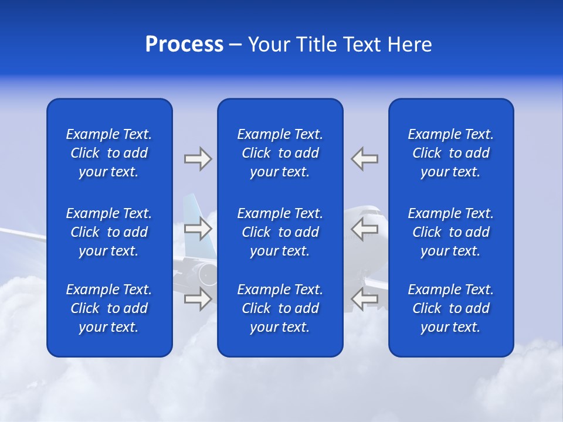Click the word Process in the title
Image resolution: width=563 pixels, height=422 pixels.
(x=184, y=45)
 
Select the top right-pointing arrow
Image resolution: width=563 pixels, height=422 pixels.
(x=198, y=159)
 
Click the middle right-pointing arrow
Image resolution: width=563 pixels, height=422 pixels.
(x=198, y=229)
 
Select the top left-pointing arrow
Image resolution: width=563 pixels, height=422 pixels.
(x=364, y=159)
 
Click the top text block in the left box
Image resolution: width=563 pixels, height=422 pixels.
(x=109, y=153)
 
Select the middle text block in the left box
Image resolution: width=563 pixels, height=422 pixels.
(x=109, y=232)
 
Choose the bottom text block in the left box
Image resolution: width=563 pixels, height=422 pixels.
(x=109, y=308)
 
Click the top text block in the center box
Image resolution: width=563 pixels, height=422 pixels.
(x=280, y=153)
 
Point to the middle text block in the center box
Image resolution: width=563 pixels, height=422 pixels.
(x=280, y=232)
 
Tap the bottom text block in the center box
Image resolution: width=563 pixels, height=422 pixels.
(x=280, y=308)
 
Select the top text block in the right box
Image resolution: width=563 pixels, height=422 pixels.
(x=450, y=153)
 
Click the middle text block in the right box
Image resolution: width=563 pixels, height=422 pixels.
(x=450, y=232)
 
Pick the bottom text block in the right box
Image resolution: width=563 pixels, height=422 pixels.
(x=450, y=308)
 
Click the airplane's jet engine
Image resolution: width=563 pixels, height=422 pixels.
(x=206, y=274)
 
